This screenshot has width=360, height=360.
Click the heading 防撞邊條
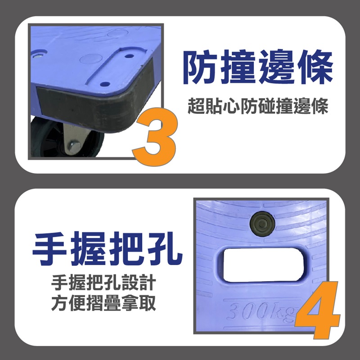pos(258,67)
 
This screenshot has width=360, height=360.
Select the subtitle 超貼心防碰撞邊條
pos(258,106)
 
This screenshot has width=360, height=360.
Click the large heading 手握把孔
pos(108,249)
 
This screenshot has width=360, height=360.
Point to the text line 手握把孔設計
pos(103,283)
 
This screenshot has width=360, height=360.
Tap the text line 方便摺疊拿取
pos(103,303)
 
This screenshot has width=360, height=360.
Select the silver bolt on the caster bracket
pos(74,146)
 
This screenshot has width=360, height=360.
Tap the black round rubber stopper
pos(262,223)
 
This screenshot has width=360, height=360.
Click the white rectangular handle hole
pos(263,265)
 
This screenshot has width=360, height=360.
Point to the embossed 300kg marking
pos(262,312)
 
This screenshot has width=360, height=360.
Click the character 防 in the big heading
pos(200,67)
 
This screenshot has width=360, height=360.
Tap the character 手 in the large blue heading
pos(50,249)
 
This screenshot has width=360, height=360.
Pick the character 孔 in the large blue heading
pos(165,249)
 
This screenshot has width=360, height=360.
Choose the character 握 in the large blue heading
pos(88,249)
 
